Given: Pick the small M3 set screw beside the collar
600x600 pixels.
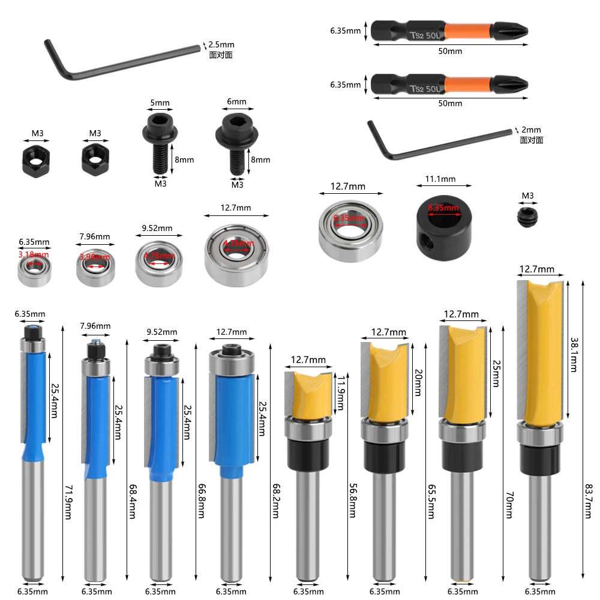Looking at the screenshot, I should coord(527,217).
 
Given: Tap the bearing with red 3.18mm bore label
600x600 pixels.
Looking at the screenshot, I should coord(34,268).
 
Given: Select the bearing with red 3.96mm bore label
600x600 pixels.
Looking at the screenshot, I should coord(94,265).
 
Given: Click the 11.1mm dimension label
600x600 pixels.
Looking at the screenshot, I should coord(440,179).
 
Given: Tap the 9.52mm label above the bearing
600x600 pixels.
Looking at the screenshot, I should coord(157,229).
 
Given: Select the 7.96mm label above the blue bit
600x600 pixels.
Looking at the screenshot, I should coord(95,326).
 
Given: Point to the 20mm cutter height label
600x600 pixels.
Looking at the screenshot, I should coord(418,382).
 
